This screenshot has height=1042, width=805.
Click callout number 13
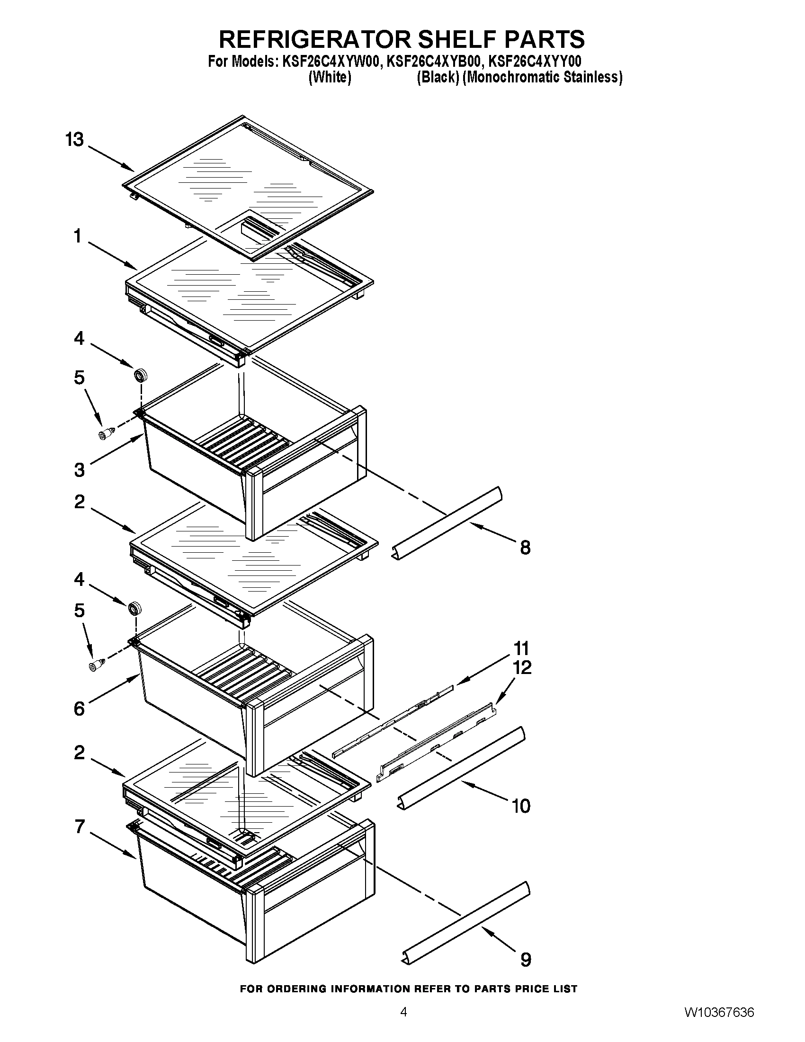[x=75, y=140]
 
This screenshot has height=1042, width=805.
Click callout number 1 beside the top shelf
[x=78, y=236]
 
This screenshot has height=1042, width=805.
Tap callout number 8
[x=525, y=548]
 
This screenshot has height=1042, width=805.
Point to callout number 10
[x=521, y=806]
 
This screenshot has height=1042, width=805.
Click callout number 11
[x=521, y=648]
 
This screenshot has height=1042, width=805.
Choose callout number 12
[x=522, y=667]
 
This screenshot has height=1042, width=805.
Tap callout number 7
[x=80, y=826]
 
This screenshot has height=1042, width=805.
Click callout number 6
[x=79, y=709]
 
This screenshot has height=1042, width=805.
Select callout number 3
[x=80, y=470]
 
